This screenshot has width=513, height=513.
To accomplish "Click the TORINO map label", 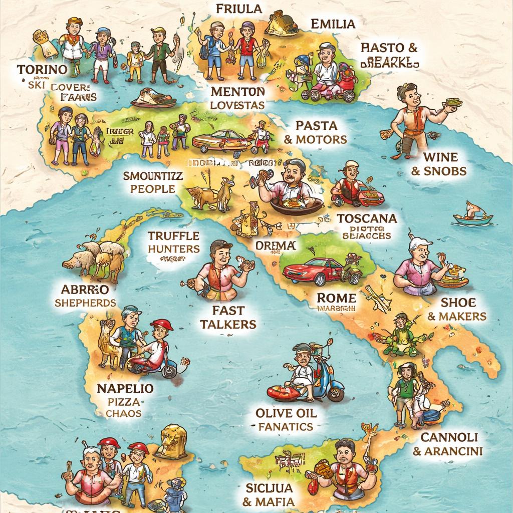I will point(42,69).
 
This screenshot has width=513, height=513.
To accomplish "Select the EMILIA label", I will point(333,24).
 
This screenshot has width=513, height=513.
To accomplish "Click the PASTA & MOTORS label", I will point(316,132).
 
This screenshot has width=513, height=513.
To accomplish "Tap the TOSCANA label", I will point(367,218).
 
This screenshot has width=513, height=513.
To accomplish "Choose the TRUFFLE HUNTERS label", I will point(174,242).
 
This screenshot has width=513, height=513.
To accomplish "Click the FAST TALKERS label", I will point(228,317).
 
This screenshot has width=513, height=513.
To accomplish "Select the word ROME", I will point(336,298).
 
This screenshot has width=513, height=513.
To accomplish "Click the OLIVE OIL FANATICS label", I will point(286,420).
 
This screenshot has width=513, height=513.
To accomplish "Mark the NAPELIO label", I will point(125,388).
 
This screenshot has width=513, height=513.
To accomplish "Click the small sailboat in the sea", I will point(472,215).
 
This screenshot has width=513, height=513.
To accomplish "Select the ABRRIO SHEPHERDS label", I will point(85,296).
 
